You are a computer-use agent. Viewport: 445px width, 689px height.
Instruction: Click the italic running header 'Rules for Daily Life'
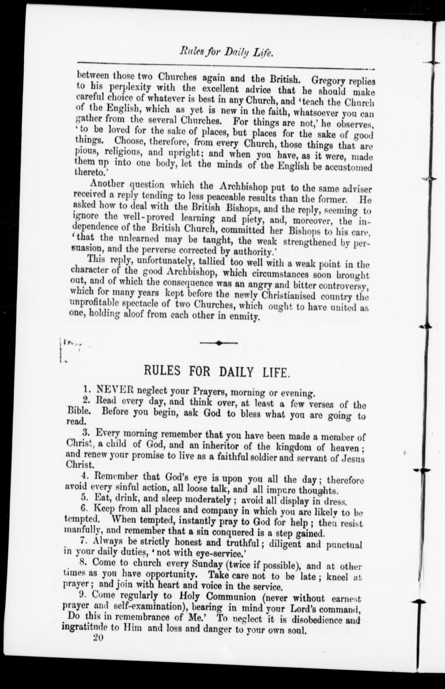coord(227,53)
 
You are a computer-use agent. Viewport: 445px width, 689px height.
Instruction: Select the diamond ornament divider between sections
coord(219,343)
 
